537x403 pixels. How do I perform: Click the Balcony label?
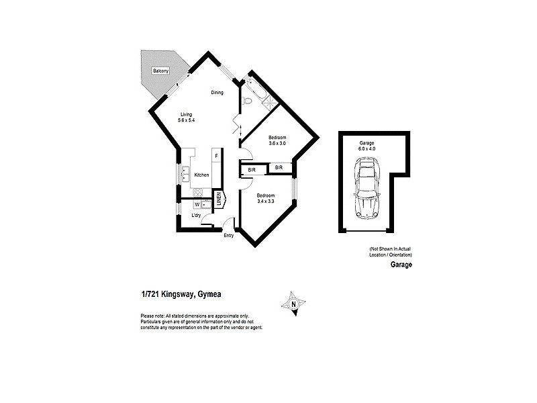160,71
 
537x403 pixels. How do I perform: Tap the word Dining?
217,93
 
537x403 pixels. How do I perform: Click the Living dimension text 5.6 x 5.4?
186,120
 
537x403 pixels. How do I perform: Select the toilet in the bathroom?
247,101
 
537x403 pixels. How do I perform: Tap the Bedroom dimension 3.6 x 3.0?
277,143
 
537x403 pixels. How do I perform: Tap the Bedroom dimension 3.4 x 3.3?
266,200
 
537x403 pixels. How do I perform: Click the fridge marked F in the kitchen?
216,156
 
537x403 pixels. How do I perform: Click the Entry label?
229,236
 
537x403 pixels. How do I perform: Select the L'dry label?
197,216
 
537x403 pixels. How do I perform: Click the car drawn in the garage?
367,187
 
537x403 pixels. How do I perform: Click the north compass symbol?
293,304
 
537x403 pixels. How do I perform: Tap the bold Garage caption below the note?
401,265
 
